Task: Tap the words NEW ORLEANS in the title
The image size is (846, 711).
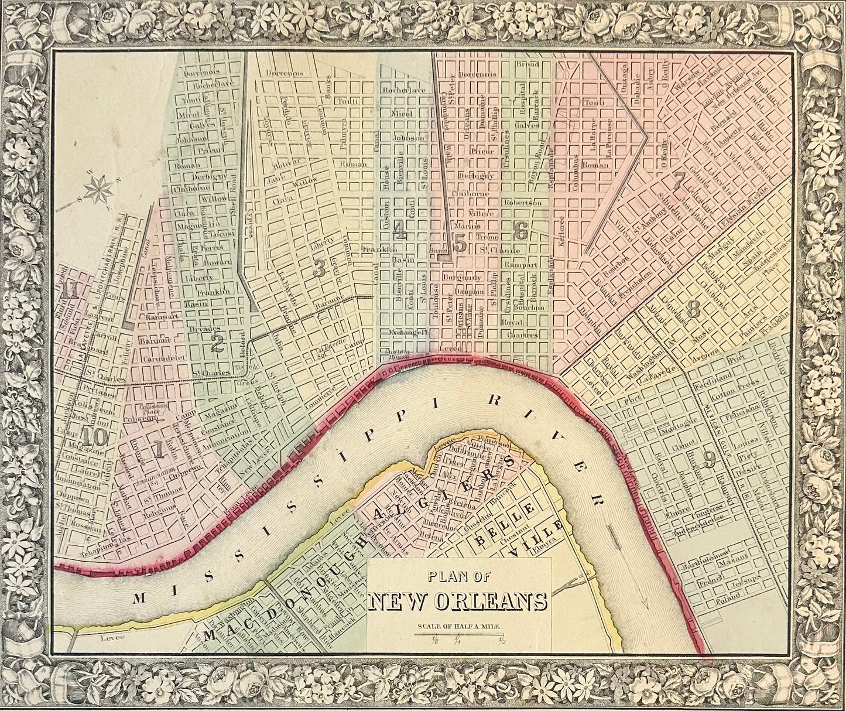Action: pyautogui.click(x=458, y=602)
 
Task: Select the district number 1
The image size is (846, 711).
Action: pyautogui.click(x=157, y=449)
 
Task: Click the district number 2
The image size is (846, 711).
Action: pyautogui.click(x=217, y=344)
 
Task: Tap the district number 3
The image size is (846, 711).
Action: pyautogui.click(x=319, y=268)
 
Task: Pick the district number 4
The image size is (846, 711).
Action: pyautogui.click(x=400, y=232)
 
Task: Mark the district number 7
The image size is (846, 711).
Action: pyautogui.click(x=678, y=181)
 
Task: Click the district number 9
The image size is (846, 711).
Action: pyautogui.click(x=709, y=462)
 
